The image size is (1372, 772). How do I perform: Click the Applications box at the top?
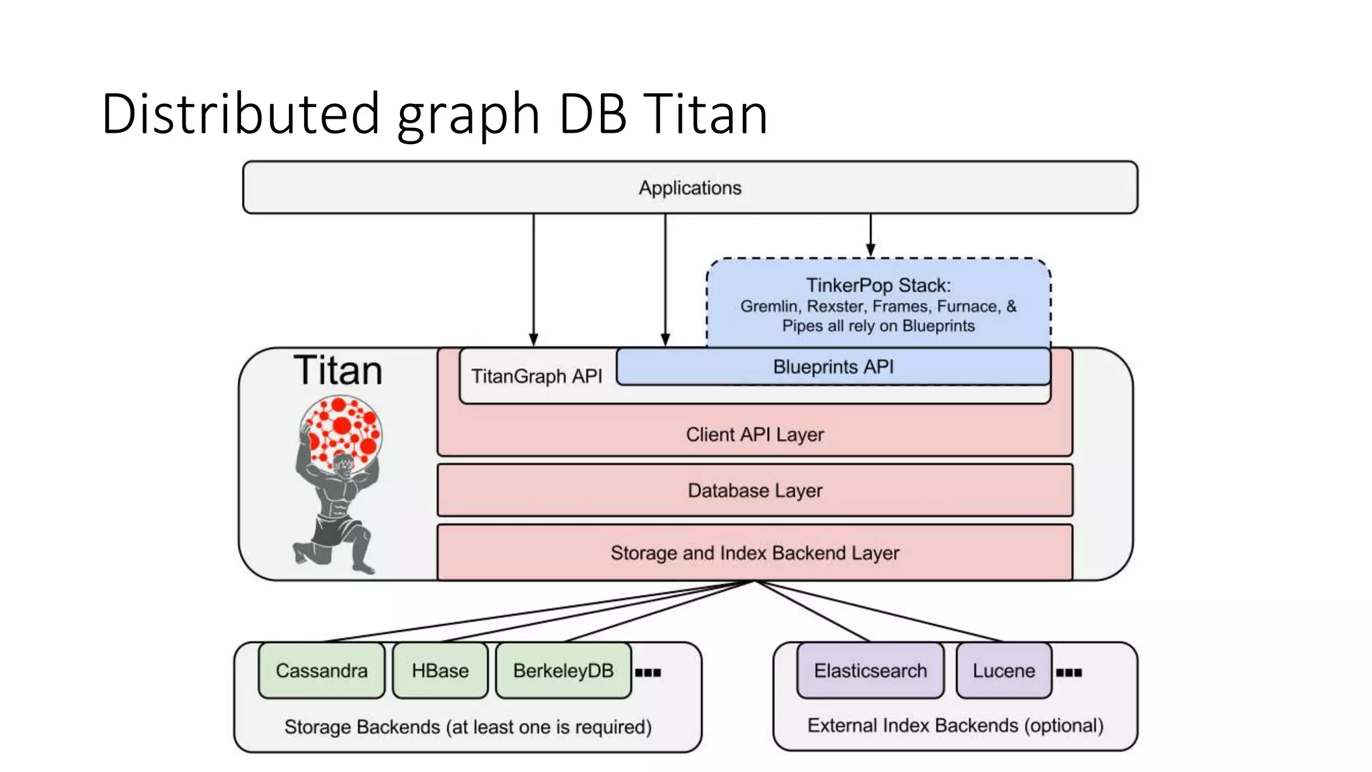point(690,188)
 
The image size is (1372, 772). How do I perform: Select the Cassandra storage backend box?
point(322,671)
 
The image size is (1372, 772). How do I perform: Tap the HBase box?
point(440,671)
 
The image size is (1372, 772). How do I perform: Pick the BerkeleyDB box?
point(563,671)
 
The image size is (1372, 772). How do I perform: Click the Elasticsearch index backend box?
point(870,671)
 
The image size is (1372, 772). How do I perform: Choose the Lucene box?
point(1004,671)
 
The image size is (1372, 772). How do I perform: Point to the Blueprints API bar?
point(833,367)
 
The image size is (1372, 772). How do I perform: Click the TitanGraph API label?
point(537,377)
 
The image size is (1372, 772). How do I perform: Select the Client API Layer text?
point(755,435)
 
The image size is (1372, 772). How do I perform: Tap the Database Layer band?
point(755,491)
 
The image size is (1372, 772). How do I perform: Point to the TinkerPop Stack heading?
point(878,285)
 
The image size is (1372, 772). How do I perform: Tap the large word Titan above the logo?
point(338,371)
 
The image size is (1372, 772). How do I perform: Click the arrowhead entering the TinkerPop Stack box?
point(870,251)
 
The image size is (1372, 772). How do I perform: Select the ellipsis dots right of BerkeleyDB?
point(648,673)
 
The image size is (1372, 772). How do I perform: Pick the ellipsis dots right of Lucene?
point(1069,673)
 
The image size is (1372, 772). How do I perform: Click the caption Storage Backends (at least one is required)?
point(468,727)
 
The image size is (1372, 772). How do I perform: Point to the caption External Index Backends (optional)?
point(955,726)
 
